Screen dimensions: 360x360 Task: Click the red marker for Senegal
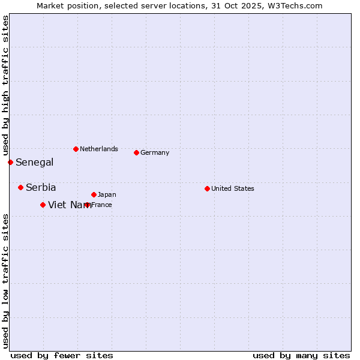[10, 162]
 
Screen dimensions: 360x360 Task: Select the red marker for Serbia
[20, 187]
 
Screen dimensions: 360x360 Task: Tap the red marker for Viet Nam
[43, 205]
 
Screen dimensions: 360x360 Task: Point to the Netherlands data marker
[76, 149]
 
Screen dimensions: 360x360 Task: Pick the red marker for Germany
[136, 152]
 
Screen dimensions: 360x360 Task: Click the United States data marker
[207, 188]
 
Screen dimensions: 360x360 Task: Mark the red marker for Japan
[94, 194]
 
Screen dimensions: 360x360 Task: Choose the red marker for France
[88, 205]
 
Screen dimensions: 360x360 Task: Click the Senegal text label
[34, 162]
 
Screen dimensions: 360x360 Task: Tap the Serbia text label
[41, 187]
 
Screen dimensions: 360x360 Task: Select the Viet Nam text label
[70, 205]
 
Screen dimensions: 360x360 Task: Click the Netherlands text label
[99, 149]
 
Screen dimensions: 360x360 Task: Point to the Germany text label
[155, 152]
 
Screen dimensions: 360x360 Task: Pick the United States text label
[233, 188]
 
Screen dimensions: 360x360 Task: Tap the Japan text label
[107, 194]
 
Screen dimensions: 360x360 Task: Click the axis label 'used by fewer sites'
[62, 355]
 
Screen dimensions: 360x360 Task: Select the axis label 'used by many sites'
[301, 355]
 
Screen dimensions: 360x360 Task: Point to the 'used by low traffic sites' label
[5, 280]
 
